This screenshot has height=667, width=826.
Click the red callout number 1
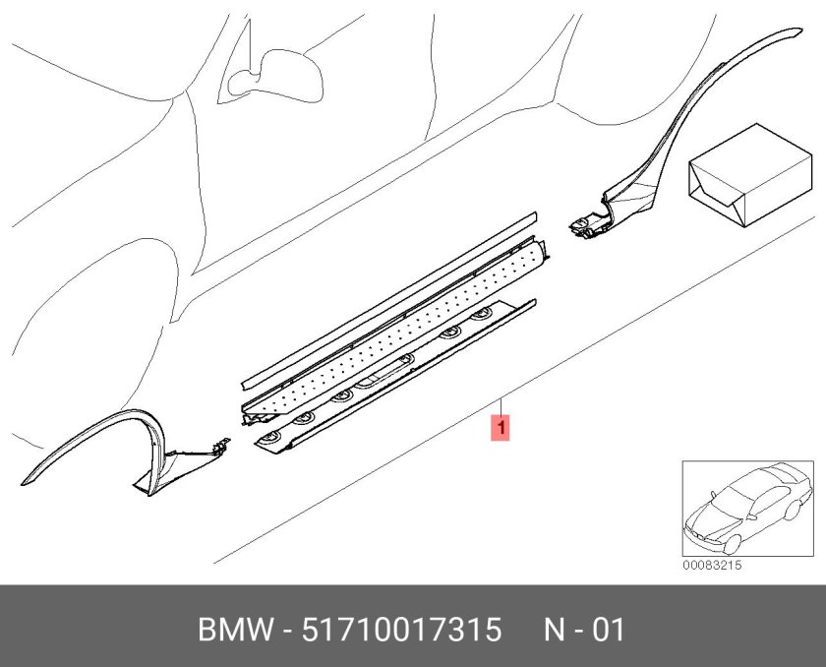pos(501,427)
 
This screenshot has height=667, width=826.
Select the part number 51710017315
pos(401,630)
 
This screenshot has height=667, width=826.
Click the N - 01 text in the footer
pos(584,630)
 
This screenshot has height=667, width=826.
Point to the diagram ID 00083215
pos(712,566)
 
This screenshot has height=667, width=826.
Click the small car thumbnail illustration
pos(748,509)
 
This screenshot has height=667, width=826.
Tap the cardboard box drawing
pos(750,175)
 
